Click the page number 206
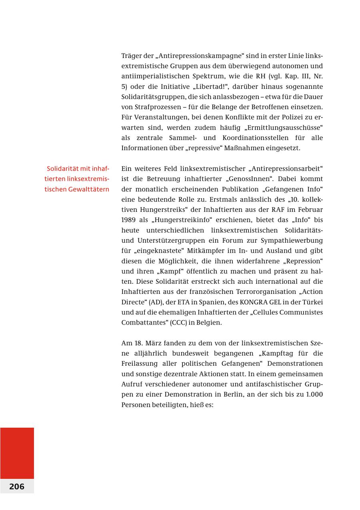point(17,486)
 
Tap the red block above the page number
point(17,453)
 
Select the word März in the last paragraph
point(154,343)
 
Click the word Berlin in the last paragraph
point(226,394)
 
